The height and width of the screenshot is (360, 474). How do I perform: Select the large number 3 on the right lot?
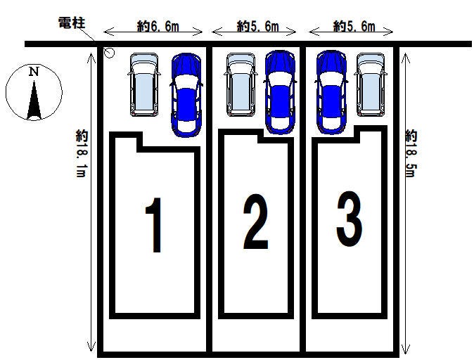tap(349, 220)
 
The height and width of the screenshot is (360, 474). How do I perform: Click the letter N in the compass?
tap(33, 71)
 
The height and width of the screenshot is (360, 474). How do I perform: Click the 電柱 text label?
tap(71, 24)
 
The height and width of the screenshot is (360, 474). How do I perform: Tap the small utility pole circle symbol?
tap(109, 52)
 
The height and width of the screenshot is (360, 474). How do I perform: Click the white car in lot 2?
tap(240, 84)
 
